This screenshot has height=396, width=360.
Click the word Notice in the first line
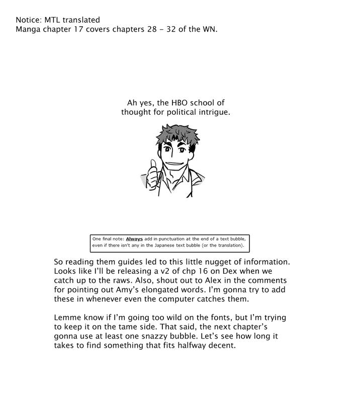click(x=28, y=20)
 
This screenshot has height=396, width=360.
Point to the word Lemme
click(x=67, y=318)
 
